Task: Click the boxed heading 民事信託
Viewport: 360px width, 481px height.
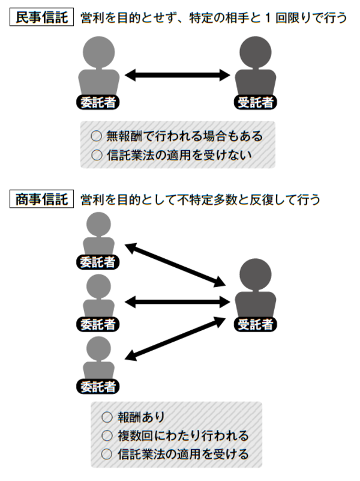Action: [x=41, y=17]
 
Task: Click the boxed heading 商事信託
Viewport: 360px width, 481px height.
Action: [x=41, y=198]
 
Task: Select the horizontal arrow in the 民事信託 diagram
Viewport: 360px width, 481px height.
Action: [x=178, y=75]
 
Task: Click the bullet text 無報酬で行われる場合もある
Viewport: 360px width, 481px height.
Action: [x=184, y=136]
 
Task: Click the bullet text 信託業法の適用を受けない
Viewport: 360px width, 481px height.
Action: [x=178, y=154]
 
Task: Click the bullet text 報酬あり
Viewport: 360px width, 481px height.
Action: [x=142, y=416]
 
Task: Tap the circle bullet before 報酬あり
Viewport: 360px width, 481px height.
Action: [x=107, y=416]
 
